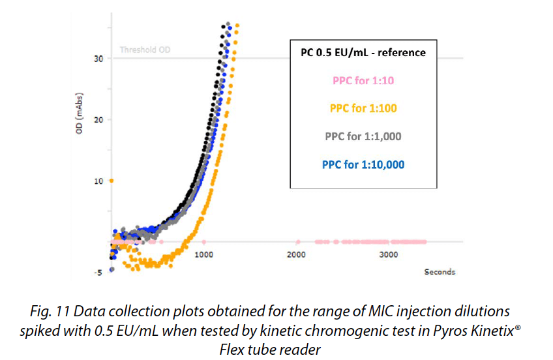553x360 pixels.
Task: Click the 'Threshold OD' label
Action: pos(145,50)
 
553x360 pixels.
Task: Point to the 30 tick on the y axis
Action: pos(99,59)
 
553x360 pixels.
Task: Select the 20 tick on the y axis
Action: pos(99,119)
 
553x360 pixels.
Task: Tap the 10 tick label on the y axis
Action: pos(99,181)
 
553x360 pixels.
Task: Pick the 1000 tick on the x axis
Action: pos(204,255)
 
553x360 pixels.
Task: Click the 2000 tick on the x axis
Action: pos(297,255)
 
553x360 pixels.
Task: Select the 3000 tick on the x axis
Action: pos(389,255)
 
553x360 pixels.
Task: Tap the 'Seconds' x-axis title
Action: pos(440,271)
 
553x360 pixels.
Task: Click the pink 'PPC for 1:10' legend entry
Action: pos(363,81)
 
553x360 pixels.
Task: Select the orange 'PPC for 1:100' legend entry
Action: pos(363,108)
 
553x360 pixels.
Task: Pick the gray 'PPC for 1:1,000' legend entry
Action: pos(363,136)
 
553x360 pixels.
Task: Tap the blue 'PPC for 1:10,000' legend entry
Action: pos(363,164)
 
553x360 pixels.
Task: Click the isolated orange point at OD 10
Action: pos(112,181)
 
